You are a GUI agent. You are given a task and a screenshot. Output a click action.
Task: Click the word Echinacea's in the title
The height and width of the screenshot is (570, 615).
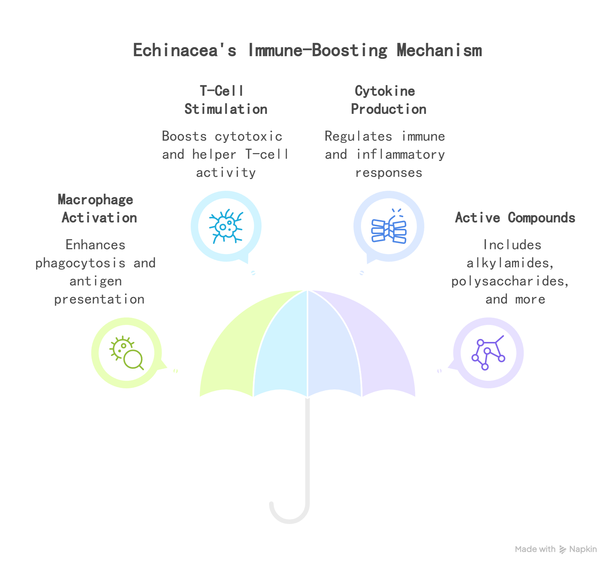185,50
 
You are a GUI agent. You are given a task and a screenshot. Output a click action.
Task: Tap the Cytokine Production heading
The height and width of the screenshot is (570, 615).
388,100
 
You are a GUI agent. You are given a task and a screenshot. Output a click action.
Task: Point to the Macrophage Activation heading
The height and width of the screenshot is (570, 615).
97,208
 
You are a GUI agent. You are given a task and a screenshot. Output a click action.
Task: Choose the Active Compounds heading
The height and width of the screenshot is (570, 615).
515,218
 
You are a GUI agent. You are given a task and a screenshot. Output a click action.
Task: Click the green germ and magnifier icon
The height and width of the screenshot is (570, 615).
127,353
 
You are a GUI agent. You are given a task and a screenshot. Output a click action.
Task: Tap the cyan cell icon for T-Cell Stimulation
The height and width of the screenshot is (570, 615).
226,226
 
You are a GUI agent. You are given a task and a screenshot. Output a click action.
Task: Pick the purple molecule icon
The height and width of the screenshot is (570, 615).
488,353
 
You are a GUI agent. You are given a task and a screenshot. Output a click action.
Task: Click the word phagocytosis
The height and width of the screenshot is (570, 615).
80,263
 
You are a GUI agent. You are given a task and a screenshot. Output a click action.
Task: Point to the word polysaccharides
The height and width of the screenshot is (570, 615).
510,281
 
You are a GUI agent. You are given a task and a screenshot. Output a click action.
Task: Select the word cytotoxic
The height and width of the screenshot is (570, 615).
248,136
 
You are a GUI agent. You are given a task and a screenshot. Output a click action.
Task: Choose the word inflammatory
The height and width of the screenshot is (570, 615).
401,155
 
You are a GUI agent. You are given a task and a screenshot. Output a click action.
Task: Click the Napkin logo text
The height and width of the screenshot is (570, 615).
583,549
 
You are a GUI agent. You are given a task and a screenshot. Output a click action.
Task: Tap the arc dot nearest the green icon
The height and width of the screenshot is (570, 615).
176,371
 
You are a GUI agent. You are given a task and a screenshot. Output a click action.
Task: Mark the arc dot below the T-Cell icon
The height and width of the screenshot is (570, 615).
253,273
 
